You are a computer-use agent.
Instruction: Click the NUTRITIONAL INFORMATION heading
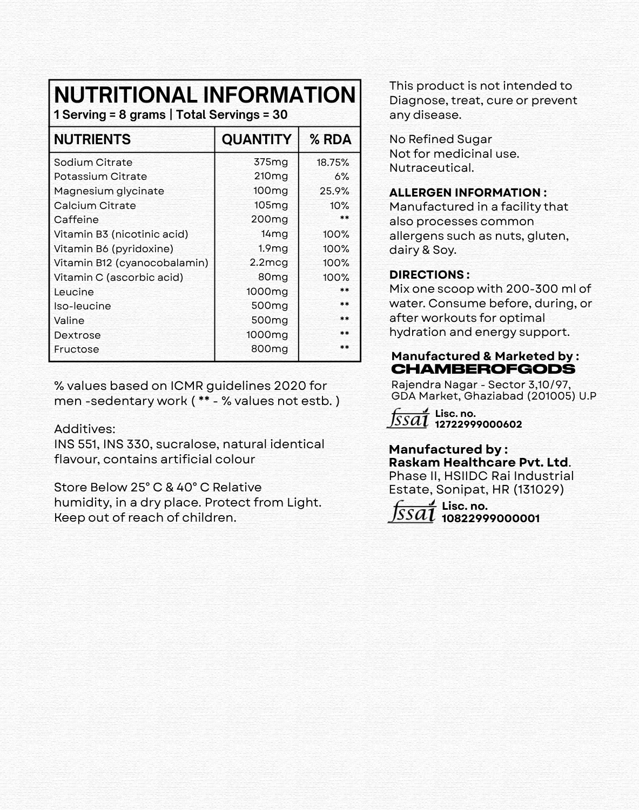tap(205, 95)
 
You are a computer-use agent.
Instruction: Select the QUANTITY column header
tap(257, 139)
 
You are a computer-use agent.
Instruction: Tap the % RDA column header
tap(330, 139)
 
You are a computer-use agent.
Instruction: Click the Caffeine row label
tap(76, 220)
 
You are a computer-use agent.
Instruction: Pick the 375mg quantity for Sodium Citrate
tap(271, 162)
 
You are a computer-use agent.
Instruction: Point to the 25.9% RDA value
tap(334, 191)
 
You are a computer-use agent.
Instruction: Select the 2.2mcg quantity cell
tap(268, 263)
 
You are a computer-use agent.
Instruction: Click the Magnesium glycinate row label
tap(109, 191)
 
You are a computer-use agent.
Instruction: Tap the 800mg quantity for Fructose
tap(269, 349)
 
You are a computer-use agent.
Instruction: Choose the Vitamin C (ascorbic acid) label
tap(118, 278)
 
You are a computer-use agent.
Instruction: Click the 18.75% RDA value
tap(333, 163)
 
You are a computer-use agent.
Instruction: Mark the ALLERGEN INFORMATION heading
tap(468, 193)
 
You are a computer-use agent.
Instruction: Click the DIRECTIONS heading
tap(429, 274)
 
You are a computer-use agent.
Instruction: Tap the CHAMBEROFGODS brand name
tap(483, 369)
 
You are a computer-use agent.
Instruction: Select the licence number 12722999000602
tap(478, 424)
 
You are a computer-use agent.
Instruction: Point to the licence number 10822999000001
tap(490, 518)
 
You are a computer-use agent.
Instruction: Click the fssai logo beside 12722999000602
tap(408, 418)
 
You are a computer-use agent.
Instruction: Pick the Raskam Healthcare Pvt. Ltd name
tap(479, 463)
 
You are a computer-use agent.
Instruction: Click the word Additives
tap(84, 429)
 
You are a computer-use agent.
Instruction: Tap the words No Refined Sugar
tap(440, 139)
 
